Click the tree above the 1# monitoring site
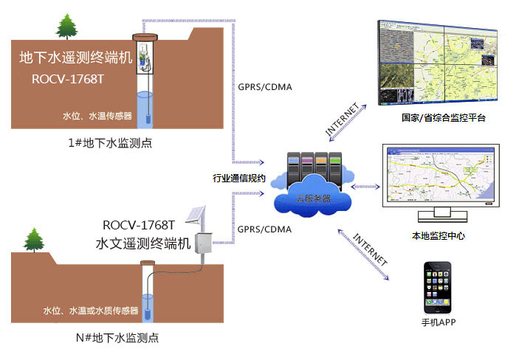click(66, 27)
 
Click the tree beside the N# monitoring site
click(33, 240)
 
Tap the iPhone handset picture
click(440, 291)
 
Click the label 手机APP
click(439, 323)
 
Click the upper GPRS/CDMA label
click(264, 87)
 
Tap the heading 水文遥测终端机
click(144, 242)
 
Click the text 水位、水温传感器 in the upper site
click(98, 117)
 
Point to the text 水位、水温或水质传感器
click(92, 311)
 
